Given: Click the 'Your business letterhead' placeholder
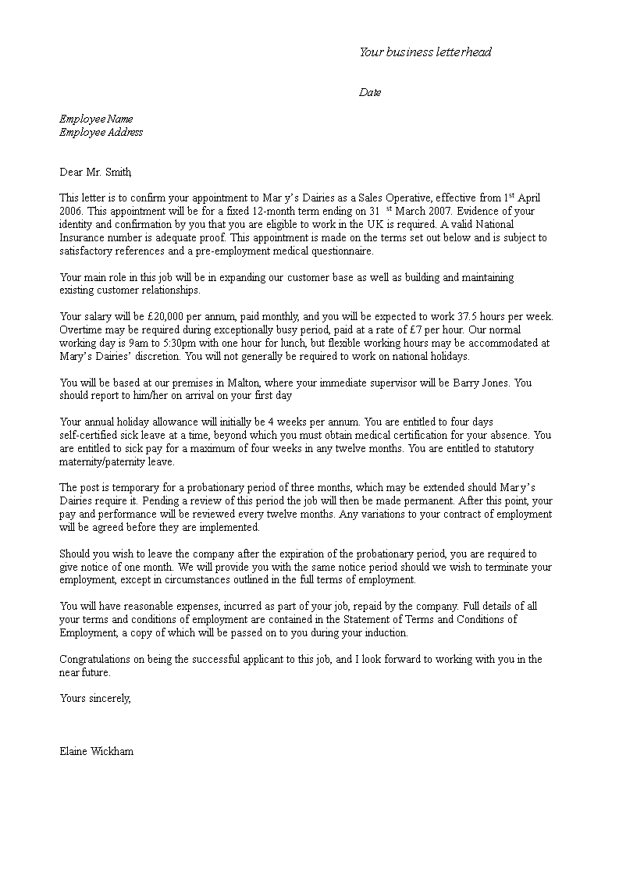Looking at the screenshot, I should (425, 52).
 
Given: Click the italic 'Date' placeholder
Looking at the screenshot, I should (370, 92).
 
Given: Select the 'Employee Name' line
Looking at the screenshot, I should (96, 119).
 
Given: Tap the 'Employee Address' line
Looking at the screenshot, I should (101, 132).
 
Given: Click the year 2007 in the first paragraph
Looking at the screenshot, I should (441, 212).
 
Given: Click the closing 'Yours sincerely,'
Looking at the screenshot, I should (95, 699).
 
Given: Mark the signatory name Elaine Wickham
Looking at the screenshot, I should (96, 751).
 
